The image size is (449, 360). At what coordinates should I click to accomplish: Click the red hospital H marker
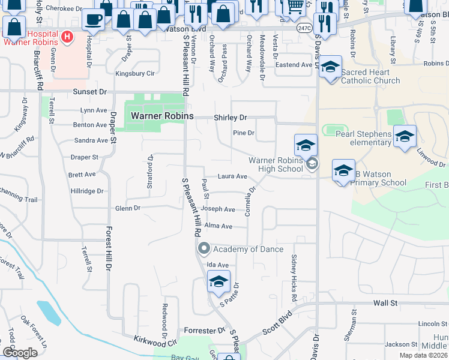[67, 37]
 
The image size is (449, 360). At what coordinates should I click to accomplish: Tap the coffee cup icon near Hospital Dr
[93, 19]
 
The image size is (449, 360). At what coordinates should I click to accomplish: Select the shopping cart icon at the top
[294, 7]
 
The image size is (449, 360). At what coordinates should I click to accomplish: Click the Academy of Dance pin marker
[203, 248]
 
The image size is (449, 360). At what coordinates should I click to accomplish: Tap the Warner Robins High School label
[276, 164]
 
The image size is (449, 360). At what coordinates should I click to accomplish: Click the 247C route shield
[304, 28]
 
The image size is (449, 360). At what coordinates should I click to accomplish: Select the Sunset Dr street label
[89, 92]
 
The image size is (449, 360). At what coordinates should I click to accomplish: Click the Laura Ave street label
[232, 176]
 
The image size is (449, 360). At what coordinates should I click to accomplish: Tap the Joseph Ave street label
[218, 209]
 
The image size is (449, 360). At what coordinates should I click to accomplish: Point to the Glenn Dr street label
[127, 208]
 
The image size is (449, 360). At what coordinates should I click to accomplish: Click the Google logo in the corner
[20, 353]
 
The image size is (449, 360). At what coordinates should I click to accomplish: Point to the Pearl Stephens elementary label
[364, 138]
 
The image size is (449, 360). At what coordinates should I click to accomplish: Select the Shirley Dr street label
[231, 118]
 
